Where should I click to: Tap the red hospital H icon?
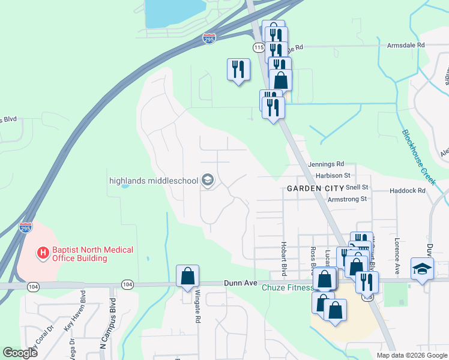[x=43, y=253]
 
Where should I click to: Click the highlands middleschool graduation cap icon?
[x=208, y=180]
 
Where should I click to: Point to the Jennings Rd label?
[x=326, y=164]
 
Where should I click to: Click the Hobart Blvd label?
[x=283, y=254]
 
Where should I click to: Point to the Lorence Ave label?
[x=397, y=256]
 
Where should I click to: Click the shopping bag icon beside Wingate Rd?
[x=187, y=276]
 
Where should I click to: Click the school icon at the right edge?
[x=422, y=269]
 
